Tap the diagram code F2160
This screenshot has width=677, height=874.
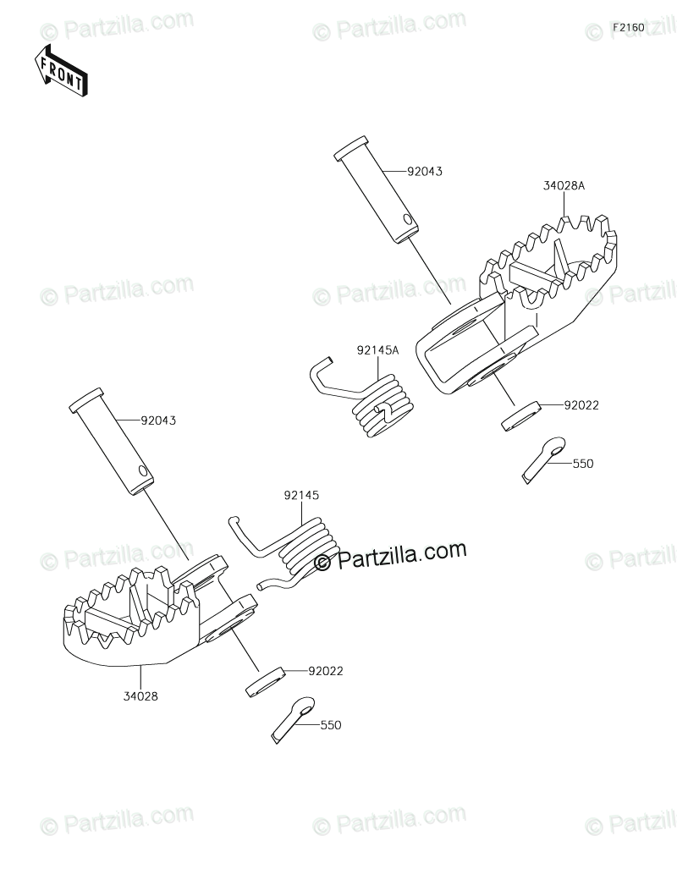pyautogui.click(x=629, y=28)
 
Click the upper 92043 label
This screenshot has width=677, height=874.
pyautogui.click(x=425, y=171)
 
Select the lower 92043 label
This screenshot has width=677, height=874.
pyautogui.click(x=159, y=419)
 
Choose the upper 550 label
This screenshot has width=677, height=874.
pyautogui.click(x=583, y=464)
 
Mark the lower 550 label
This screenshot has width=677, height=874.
pyautogui.click(x=331, y=725)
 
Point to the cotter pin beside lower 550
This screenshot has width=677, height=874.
pyautogui.click(x=292, y=718)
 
